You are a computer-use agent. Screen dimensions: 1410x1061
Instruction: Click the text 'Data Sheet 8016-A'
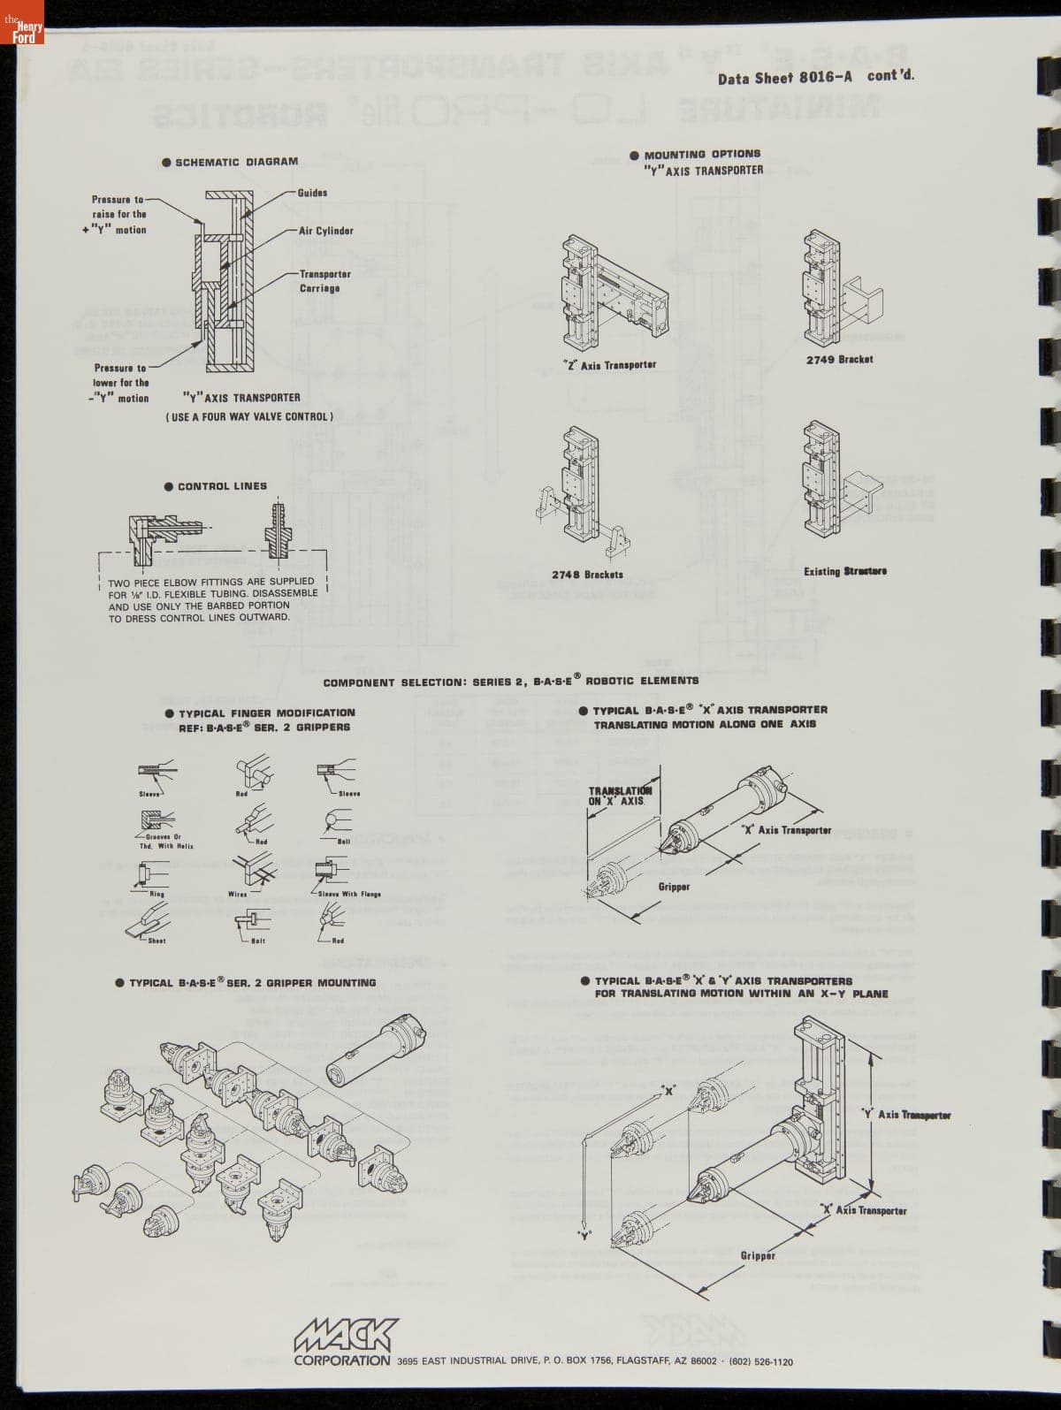(x=785, y=77)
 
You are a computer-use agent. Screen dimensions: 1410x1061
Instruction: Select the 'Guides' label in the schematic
(x=312, y=193)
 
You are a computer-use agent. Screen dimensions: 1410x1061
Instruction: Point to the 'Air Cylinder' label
(x=325, y=231)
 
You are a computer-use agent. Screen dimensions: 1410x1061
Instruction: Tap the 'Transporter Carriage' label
(x=324, y=281)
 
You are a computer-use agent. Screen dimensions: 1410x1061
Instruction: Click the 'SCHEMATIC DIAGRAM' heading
(x=236, y=162)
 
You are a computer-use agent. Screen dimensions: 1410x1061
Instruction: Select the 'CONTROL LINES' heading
(x=222, y=486)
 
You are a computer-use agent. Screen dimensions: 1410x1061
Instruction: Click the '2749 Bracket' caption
(x=839, y=360)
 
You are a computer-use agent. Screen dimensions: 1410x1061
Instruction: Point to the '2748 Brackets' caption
(x=587, y=575)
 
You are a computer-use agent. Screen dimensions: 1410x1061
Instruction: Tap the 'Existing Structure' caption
(x=844, y=571)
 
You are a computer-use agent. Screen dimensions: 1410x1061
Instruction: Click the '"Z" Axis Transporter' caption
(x=609, y=364)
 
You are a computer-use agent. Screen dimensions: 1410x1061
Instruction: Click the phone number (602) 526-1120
(x=760, y=1362)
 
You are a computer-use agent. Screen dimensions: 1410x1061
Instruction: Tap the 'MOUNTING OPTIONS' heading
(x=702, y=154)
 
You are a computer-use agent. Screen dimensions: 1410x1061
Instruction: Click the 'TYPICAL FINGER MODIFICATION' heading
(x=266, y=713)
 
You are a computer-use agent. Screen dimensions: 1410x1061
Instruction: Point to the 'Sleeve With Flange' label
(x=350, y=894)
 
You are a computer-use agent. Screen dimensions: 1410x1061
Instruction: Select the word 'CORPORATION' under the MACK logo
(x=342, y=1360)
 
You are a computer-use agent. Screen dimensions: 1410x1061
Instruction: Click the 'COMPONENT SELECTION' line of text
(x=510, y=682)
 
